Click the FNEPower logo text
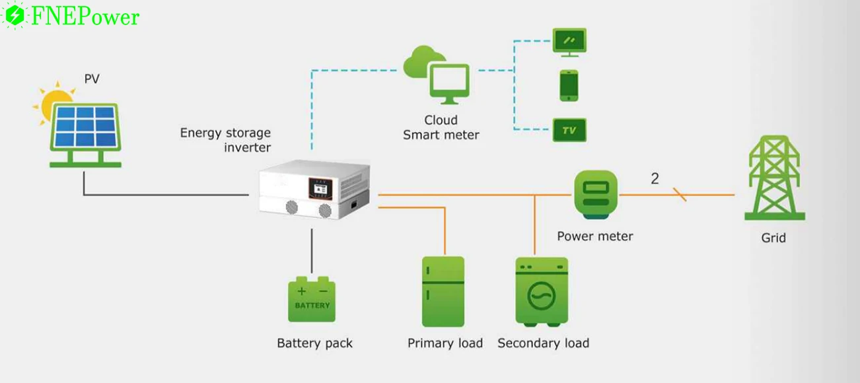click(85, 17)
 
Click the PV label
click(92, 79)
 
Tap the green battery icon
click(312, 300)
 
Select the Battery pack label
click(314, 343)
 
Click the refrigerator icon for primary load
click(443, 292)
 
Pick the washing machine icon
click(542, 292)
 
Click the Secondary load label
click(543, 343)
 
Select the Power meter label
click(594, 236)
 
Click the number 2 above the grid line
click(655, 179)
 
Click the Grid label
click(773, 238)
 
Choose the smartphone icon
click(569, 85)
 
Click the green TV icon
click(569, 130)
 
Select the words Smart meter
click(441, 135)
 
